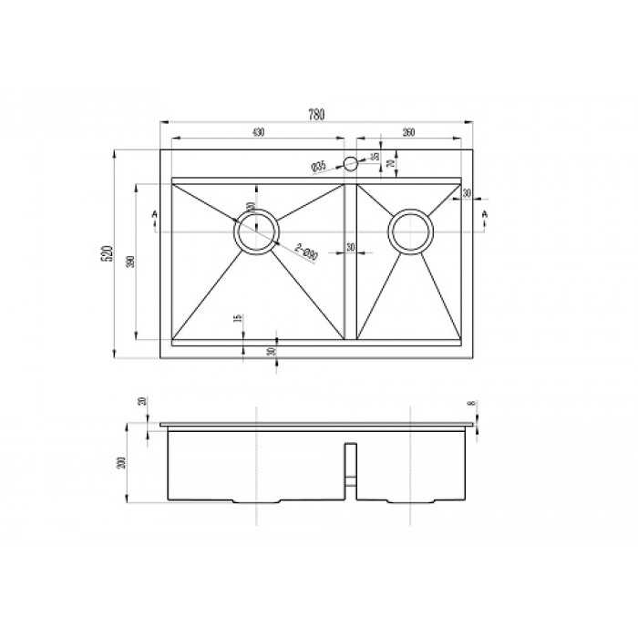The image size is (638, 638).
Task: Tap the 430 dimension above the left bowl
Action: coord(258,133)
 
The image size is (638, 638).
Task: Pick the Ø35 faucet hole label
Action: coord(318,166)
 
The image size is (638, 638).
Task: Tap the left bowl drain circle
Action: coord(255,229)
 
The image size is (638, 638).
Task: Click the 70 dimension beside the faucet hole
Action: coord(391,163)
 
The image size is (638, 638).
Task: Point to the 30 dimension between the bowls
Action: coord(350,247)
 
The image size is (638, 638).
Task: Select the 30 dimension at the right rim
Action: coord(466,193)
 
